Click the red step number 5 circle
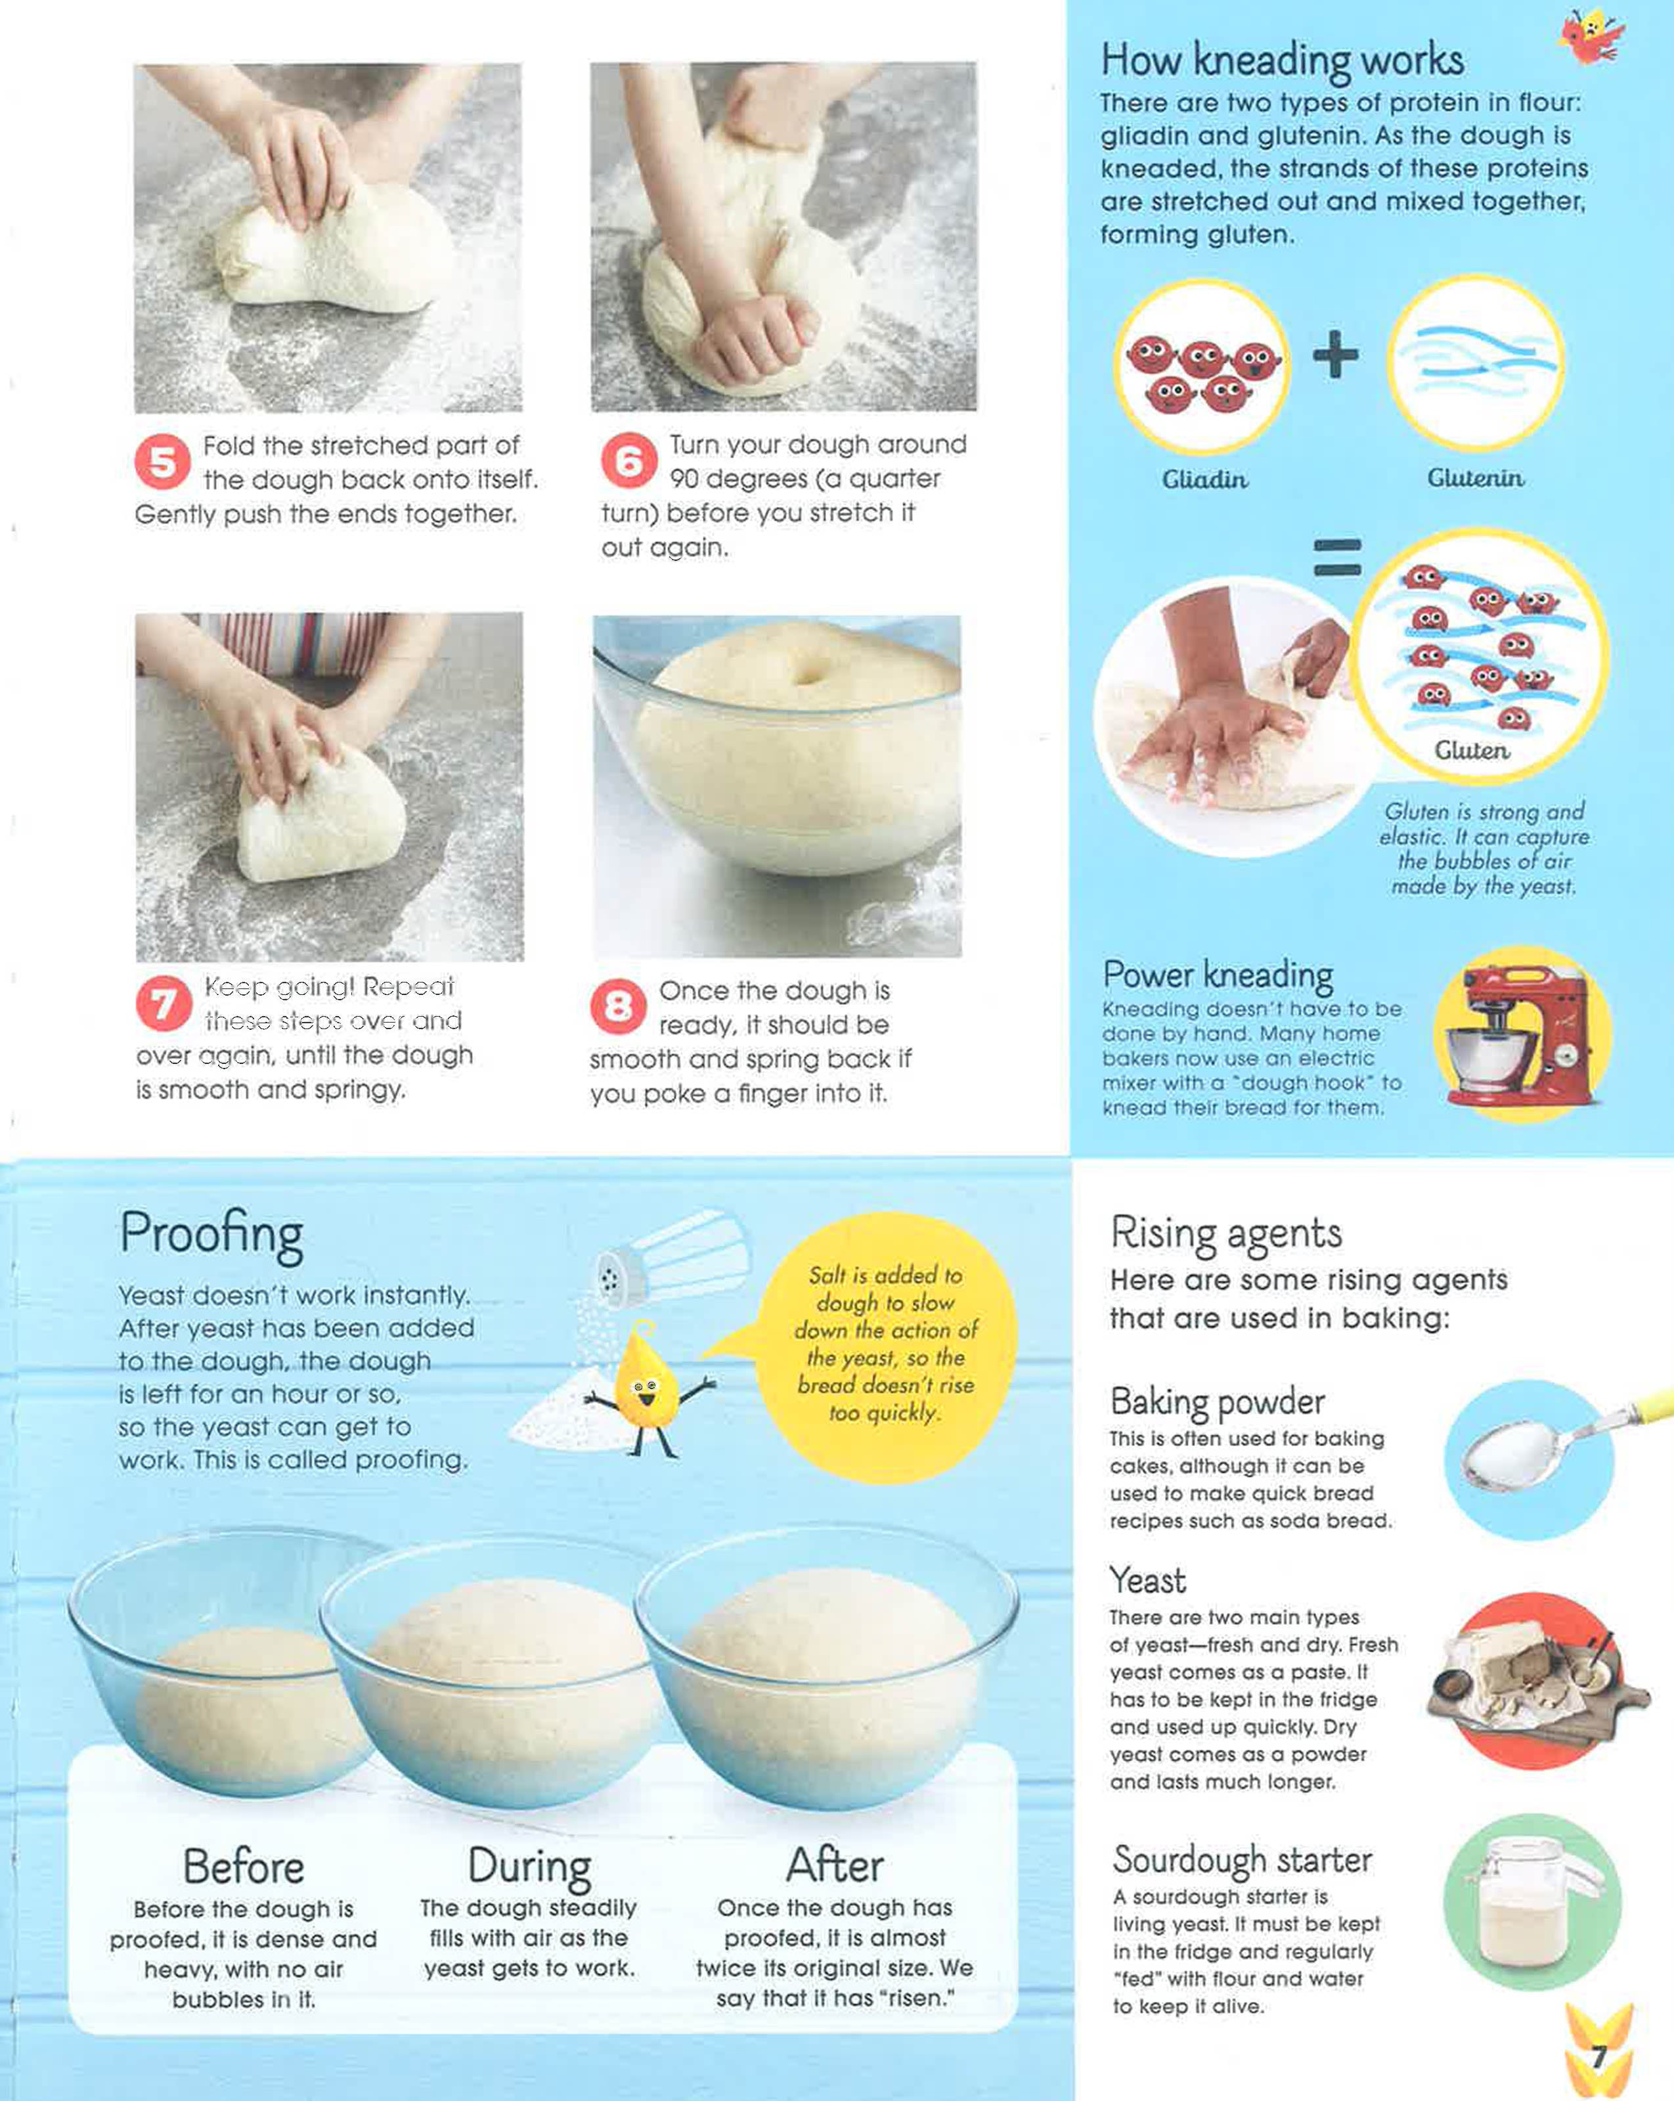tap(163, 462)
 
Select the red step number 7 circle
tap(164, 1004)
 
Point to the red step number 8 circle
tap(619, 1007)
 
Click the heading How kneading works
tap(1283, 60)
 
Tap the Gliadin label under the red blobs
tap(1204, 479)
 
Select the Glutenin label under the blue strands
tap(1475, 477)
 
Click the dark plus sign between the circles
tap(1336, 354)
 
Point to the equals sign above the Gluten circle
tap(1338, 558)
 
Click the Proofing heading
tap(211, 1235)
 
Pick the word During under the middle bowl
tap(529, 1867)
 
